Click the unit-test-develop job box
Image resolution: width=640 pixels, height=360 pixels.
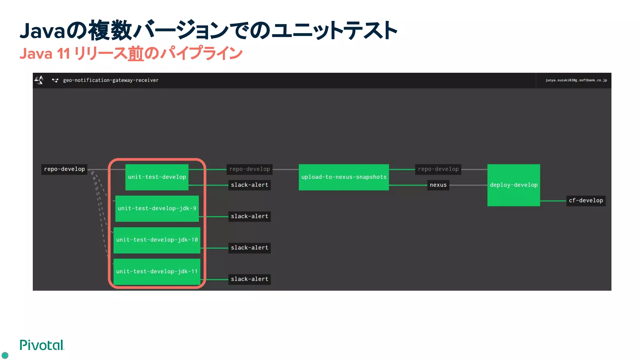pyautogui.click(x=157, y=177)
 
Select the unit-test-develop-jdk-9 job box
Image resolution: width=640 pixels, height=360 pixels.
pyautogui.click(x=157, y=208)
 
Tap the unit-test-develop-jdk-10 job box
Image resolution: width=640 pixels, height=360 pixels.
pyautogui.click(x=157, y=240)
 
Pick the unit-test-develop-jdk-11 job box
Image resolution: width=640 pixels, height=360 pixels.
pyautogui.click(x=157, y=271)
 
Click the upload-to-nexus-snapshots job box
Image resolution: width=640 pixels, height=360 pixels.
pyautogui.click(x=344, y=177)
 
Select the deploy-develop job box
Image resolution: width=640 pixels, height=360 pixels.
pyautogui.click(x=513, y=185)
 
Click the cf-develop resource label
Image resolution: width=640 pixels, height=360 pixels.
pyautogui.click(x=586, y=201)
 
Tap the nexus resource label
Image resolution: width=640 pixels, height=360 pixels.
pyautogui.click(x=438, y=185)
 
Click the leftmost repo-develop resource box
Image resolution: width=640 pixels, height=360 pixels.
pyautogui.click(x=64, y=169)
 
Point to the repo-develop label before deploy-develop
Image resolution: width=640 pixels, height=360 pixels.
pyautogui.click(x=438, y=169)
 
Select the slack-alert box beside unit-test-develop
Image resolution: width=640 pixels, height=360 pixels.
pyautogui.click(x=249, y=185)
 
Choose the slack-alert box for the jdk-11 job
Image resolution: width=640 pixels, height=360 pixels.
pyautogui.click(x=249, y=279)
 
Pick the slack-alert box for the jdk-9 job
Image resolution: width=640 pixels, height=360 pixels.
pyautogui.click(x=249, y=216)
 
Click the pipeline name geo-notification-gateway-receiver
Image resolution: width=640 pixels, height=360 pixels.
pyautogui.click(x=111, y=80)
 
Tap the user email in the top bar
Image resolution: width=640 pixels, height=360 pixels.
pyautogui.click(x=576, y=80)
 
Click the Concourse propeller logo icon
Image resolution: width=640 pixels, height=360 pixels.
pyautogui.click(x=39, y=80)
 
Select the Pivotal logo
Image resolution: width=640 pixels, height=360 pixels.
pyautogui.click(x=42, y=345)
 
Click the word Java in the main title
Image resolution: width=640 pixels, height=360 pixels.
pyautogui.click(x=42, y=31)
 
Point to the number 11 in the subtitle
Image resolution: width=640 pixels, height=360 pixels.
pyautogui.click(x=63, y=53)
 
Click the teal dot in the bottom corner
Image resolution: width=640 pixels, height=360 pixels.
pyautogui.click(x=5, y=355)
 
